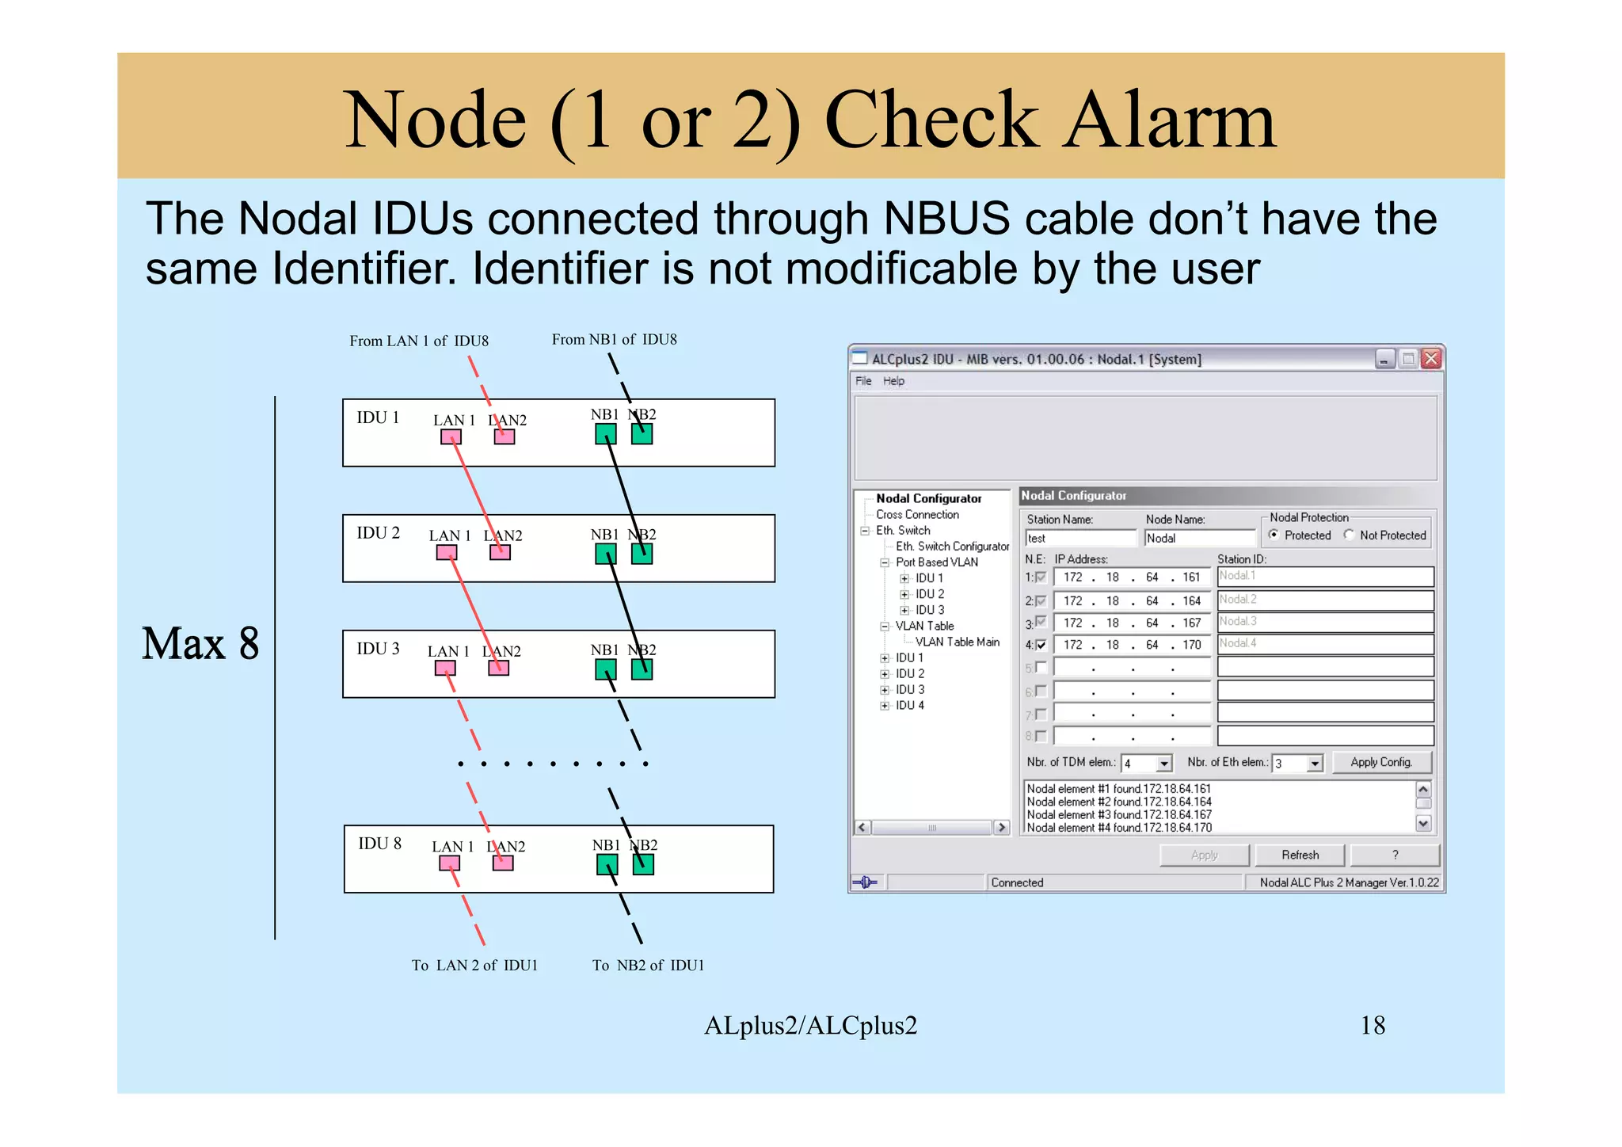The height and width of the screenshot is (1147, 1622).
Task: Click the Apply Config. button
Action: tap(1381, 762)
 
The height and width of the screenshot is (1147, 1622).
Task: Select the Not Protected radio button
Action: tap(1349, 535)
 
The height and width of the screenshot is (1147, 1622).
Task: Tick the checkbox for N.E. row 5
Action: tap(1041, 668)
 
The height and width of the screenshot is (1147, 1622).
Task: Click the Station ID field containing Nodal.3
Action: tap(1325, 622)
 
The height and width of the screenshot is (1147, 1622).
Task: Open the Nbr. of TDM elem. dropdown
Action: tap(1163, 764)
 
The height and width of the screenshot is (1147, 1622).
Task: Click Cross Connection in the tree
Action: tap(917, 514)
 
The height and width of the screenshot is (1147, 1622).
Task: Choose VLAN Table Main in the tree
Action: tap(957, 642)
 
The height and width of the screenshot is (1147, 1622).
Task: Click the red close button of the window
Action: tap(1431, 359)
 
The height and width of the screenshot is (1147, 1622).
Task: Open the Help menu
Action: tap(893, 381)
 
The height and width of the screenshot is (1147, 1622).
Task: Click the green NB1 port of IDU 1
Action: tap(606, 434)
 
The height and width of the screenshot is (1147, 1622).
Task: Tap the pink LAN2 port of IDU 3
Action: tap(498, 668)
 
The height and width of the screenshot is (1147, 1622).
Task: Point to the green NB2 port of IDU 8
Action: tap(643, 865)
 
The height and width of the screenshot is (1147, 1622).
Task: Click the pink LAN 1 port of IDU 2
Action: tap(447, 553)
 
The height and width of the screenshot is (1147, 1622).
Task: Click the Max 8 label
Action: tap(200, 643)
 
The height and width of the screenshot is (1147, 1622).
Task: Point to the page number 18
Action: tap(1373, 1025)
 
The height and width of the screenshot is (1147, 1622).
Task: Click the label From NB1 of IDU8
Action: tap(614, 340)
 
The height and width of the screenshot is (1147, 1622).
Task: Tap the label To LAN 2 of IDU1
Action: tap(474, 965)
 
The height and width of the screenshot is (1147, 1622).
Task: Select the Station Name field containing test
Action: tap(1080, 538)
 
